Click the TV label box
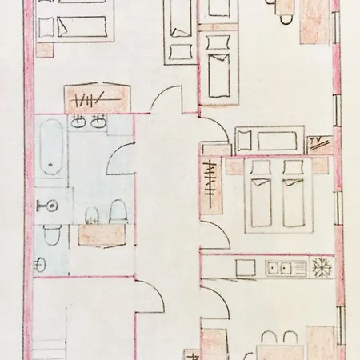point(320,144)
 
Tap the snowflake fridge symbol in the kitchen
point(322,267)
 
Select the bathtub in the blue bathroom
point(51,146)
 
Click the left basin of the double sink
point(78,122)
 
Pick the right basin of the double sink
point(98,122)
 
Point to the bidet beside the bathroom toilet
point(92,215)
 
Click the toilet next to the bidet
point(118,211)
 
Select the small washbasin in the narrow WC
point(40,264)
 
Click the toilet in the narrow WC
point(52,234)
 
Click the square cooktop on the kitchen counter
point(246,267)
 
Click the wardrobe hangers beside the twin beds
point(210,184)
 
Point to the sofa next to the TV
point(270,140)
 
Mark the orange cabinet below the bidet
point(102,235)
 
